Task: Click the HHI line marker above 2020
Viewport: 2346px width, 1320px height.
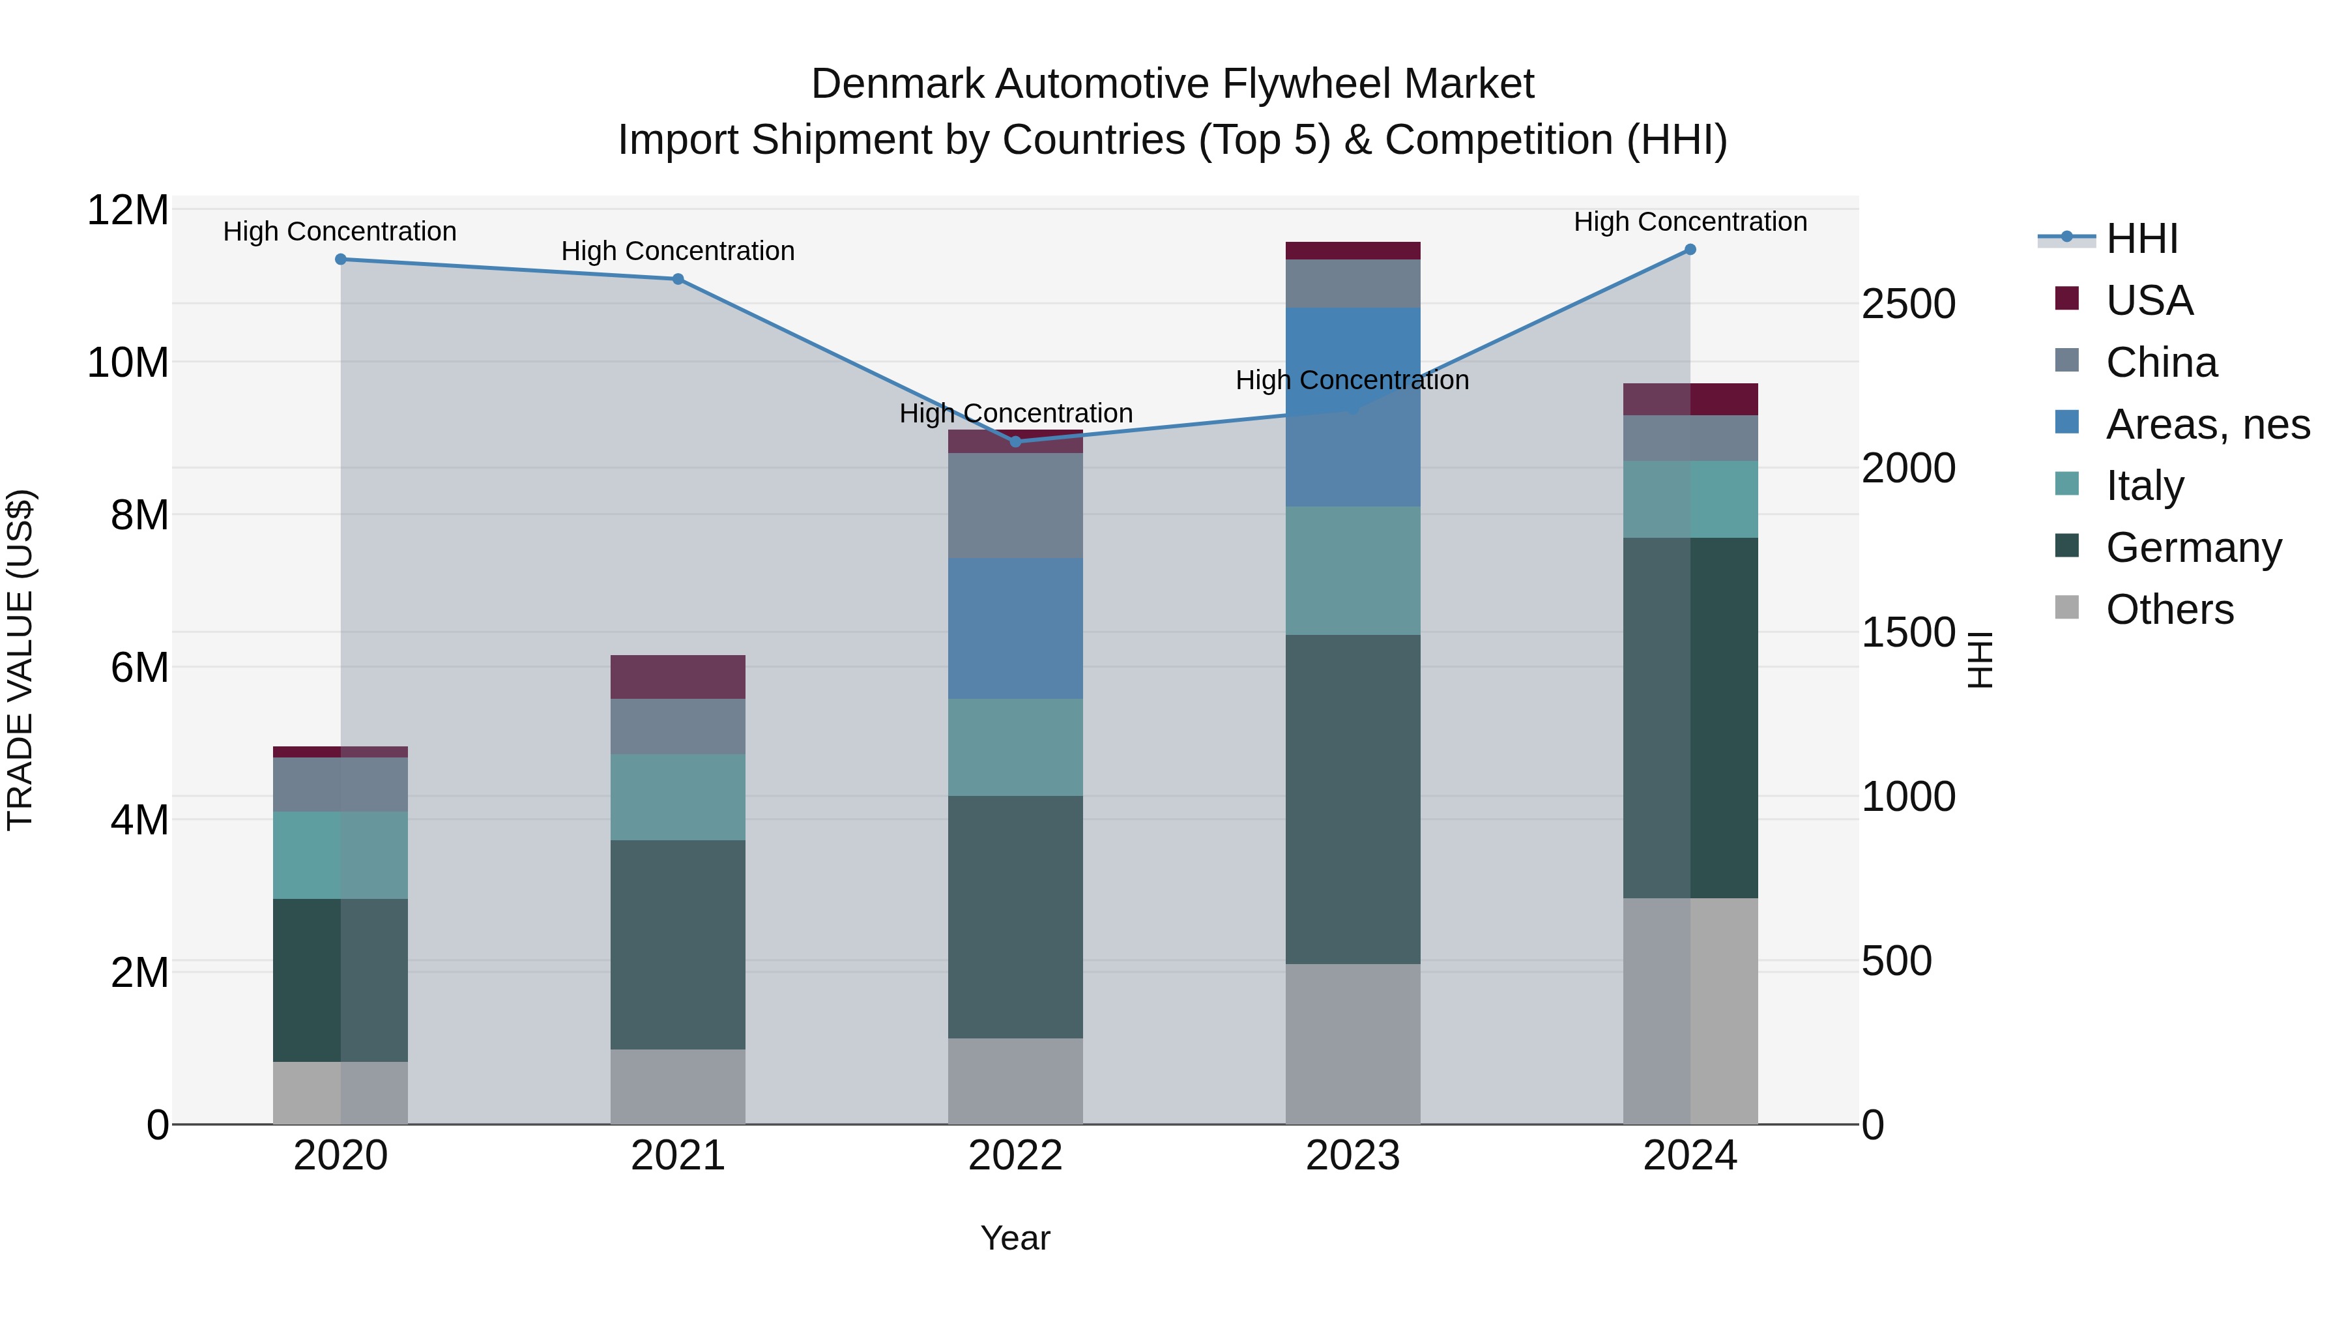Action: tap(341, 259)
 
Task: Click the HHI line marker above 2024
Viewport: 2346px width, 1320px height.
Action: tap(1690, 250)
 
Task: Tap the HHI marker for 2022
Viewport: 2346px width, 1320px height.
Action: tap(1015, 442)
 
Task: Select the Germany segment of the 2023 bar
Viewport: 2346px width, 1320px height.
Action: tap(1352, 799)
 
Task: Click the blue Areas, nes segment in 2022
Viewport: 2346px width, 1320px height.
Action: tap(1015, 628)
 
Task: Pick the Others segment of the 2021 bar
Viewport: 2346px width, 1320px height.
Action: tap(678, 1086)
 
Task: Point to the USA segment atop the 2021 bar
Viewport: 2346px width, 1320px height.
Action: tap(678, 677)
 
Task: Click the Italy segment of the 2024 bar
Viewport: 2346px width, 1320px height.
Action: tap(1690, 499)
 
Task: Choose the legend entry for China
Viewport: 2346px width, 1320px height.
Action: tap(2160, 362)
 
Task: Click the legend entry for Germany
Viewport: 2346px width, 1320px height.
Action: tap(2193, 548)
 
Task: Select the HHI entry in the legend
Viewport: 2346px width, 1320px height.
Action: tap(2140, 239)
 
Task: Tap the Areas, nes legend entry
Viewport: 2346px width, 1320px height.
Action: tap(2207, 424)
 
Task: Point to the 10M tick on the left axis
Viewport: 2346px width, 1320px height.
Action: tap(128, 362)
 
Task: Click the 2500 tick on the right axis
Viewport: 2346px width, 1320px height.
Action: tap(1908, 304)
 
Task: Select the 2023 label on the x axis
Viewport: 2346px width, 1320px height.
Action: tap(1352, 1156)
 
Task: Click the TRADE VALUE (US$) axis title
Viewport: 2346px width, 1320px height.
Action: tap(20, 660)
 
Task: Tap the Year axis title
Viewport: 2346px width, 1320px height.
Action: tap(1015, 1238)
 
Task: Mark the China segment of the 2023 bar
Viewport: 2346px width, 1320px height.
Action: tap(1352, 284)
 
